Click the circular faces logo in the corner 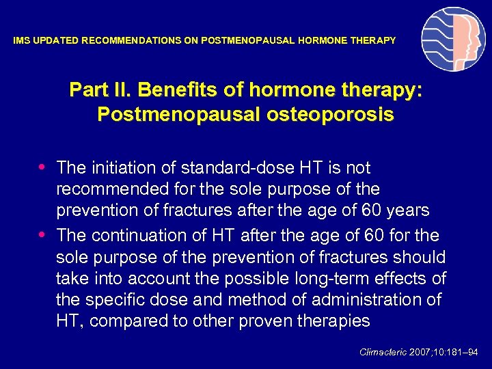click(453, 40)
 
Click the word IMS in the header click(21, 41)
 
